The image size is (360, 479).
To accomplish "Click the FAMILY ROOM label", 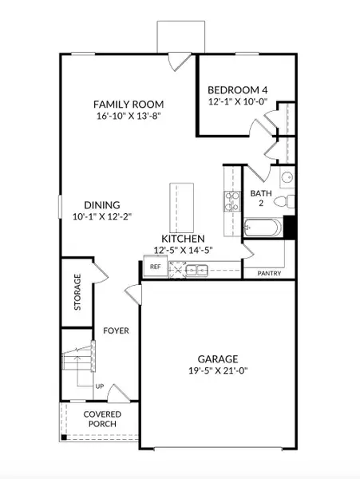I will [x=129, y=104].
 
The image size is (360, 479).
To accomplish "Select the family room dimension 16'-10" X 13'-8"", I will [x=129, y=117].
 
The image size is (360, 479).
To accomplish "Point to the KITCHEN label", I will [x=183, y=239].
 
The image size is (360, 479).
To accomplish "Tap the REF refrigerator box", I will [x=155, y=267].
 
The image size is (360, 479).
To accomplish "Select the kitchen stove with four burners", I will [x=231, y=200].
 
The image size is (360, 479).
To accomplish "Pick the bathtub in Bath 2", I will [x=262, y=229].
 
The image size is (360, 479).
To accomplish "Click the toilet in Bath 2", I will [x=291, y=201].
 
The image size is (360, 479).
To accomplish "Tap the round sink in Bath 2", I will [x=287, y=177].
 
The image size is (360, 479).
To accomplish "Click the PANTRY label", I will [x=268, y=273].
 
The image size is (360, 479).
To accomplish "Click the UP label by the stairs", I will [x=100, y=386].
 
